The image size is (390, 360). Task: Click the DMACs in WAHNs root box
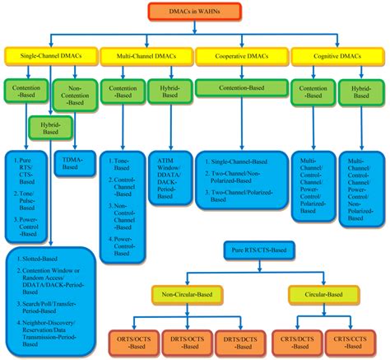[x=195, y=12]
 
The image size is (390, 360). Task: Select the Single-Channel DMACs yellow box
[x=49, y=56]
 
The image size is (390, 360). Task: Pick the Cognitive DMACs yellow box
[x=339, y=56]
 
